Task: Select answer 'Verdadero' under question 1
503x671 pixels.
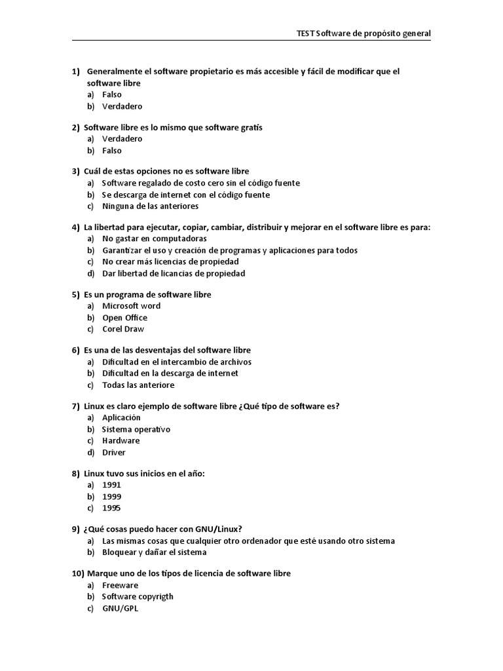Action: [x=122, y=106]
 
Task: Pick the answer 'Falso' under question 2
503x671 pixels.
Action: [x=112, y=150]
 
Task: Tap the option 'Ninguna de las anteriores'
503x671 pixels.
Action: [x=150, y=206]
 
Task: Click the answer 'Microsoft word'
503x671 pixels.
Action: [x=131, y=306]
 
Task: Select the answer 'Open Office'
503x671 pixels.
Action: [x=124, y=318]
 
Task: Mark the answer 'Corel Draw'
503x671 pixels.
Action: [x=123, y=329]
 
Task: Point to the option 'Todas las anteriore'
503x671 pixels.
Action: [x=138, y=385]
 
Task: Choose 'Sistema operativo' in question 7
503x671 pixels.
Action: [x=136, y=429]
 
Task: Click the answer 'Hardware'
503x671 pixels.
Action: [x=121, y=440]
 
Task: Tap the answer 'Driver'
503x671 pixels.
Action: [x=114, y=452]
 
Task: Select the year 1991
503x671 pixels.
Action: [x=111, y=485]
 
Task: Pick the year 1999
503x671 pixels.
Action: [x=111, y=497]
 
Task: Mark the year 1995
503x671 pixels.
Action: [x=111, y=508]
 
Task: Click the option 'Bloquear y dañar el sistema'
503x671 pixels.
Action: [x=155, y=552]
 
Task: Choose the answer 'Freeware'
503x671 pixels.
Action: [x=120, y=585]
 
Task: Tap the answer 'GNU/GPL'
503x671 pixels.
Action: [x=120, y=608]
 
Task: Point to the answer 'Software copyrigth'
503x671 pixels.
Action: [x=138, y=596]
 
